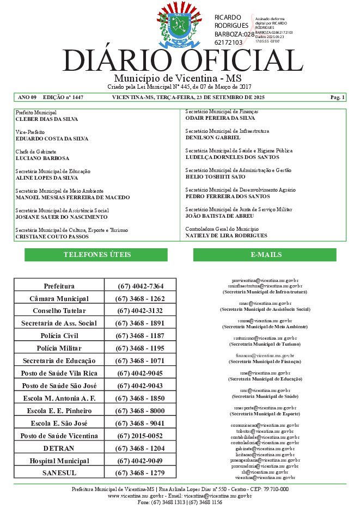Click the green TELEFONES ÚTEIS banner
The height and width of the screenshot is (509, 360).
click(x=96, y=255)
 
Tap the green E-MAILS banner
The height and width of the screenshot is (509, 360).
click(x=265, y=255)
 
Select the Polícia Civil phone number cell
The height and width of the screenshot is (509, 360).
click(x=140, y=335)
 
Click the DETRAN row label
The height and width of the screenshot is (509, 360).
click(x=59, y=448)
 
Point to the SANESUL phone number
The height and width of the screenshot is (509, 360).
click(x=140, y=473)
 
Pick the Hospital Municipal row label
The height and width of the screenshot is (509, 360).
click(x=59, y=461)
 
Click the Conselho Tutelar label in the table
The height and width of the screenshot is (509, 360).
click(x=59, y=311)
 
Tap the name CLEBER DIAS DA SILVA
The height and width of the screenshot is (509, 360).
click(x=47, y=119)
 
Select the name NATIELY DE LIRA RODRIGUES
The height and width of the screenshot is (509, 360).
click(x=227, y=235)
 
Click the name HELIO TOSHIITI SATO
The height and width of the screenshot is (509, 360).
click(x=215, y=177)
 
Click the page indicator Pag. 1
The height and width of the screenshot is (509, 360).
click(x=337, y=97)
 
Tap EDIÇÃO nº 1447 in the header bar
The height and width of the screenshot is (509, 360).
click(x=63, y=97)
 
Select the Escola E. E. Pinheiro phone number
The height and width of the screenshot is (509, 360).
click(x=140, y=410)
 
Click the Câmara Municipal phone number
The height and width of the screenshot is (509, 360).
click(x=140, y=299)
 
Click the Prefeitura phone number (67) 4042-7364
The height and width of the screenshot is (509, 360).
click(x=140, y=286)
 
